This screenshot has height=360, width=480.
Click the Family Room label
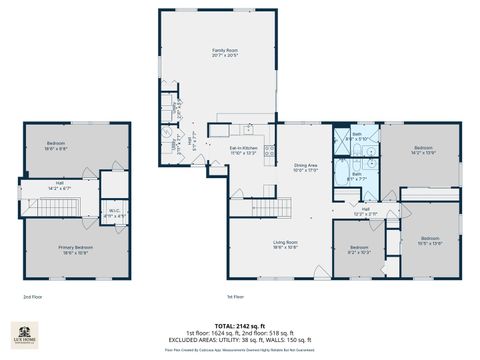point(223,52)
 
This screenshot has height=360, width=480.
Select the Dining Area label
point(305,168)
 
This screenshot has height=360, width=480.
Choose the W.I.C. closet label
point(115,212)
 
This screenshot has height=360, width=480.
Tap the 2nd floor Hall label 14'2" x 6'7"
point(59,184)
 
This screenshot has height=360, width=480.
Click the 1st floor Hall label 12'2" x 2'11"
point(365,211)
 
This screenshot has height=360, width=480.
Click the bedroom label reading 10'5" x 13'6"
point(430,240)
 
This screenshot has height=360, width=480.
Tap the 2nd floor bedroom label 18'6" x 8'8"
point(55,146)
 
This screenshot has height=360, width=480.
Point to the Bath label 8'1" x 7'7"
point(356,175)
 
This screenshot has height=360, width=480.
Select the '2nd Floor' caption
point(33,297)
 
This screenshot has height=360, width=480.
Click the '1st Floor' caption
point(236,297)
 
